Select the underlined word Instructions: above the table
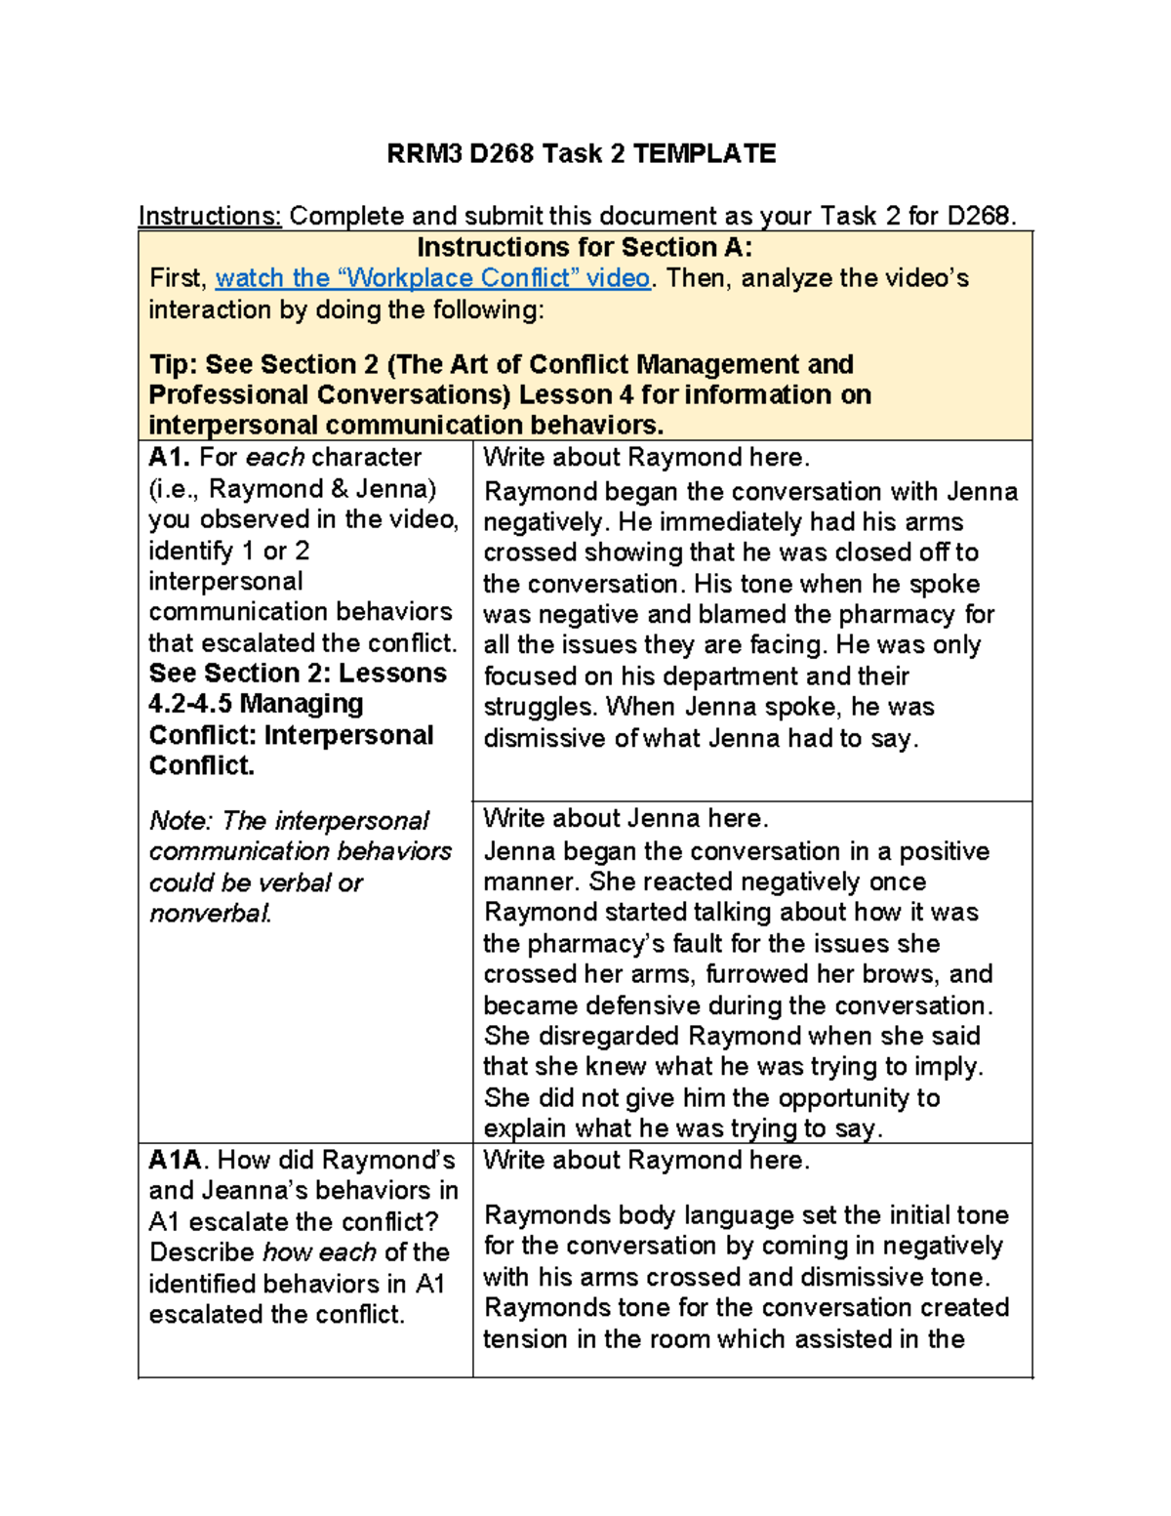click(210, 216)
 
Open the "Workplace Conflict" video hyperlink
click(432, 278)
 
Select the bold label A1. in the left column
click(170, 457)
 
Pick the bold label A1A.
click(176, 1160)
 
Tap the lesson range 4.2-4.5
click(190, 704)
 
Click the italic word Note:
click(181, 821)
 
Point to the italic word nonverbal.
click(210, 914)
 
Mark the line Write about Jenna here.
click(626, 818)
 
